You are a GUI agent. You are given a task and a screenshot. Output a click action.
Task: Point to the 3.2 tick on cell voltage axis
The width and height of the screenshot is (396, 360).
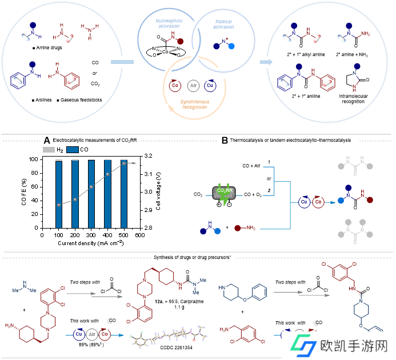(147, 155)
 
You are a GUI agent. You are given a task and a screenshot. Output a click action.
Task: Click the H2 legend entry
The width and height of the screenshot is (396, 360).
(54, 150)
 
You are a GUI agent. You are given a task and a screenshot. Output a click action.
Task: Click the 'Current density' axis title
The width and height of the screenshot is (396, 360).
(90, 243)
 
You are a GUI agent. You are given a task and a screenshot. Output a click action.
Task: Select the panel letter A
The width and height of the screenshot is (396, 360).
(47, 140)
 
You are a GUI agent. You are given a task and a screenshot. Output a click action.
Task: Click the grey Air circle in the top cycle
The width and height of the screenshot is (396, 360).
(193, 86)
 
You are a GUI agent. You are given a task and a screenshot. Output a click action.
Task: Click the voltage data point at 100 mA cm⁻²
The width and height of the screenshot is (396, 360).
(59, 205)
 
